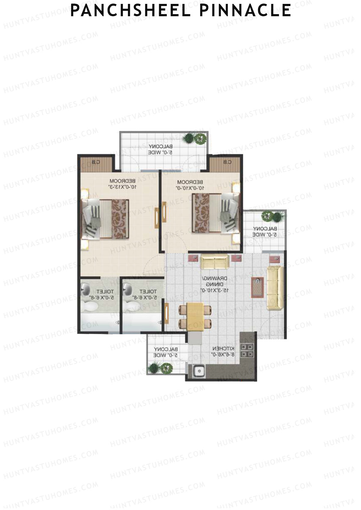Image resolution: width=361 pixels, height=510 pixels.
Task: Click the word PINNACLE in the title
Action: point(245,10)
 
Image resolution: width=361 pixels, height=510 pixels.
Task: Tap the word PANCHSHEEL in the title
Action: point(130,10)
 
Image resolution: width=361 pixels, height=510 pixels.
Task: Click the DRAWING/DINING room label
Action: point(215,284)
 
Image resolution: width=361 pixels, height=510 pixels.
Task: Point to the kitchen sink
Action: point(199,371)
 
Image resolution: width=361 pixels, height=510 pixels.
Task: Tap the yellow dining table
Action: point(195,316)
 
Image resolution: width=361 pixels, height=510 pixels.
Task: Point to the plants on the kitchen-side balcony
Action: point(160,368)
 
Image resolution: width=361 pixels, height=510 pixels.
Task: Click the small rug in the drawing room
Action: point(258,287)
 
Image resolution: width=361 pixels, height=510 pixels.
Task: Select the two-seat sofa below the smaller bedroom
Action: point(214,261)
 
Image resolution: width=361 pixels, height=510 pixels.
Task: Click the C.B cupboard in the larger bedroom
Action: point(96,164)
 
